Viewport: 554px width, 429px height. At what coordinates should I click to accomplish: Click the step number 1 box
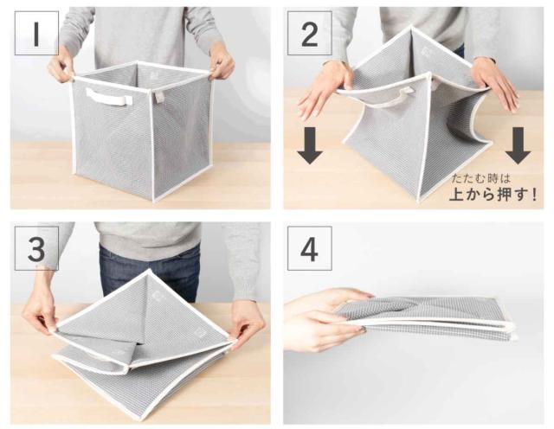36,33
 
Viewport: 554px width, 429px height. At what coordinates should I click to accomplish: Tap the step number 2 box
310,33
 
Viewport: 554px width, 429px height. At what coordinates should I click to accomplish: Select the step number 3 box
36,248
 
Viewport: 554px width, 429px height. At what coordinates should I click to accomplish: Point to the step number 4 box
310,248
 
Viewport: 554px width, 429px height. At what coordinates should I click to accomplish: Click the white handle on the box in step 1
109,96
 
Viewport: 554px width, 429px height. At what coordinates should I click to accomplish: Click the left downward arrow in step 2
310,145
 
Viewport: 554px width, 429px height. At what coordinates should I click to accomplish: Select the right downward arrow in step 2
518,145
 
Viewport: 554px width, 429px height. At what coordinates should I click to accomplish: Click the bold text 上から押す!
493,195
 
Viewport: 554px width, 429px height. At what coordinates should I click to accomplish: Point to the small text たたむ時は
480,178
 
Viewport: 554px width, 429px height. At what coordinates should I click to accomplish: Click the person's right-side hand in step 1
222,64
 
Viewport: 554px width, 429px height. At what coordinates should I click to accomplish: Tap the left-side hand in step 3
39,314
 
